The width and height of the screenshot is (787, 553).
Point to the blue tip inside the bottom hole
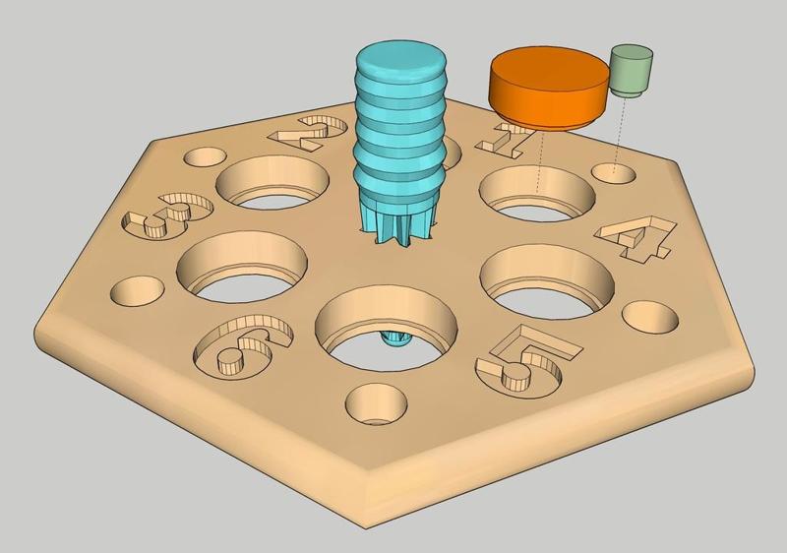tap(395, 338)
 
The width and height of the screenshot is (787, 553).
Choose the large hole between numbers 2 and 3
tap(273, 181)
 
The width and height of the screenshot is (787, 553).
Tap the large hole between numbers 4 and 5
tap(547, 276)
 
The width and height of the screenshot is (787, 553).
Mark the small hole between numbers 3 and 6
tap(138, 291)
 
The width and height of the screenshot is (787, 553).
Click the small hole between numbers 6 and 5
tap(376, 403)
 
